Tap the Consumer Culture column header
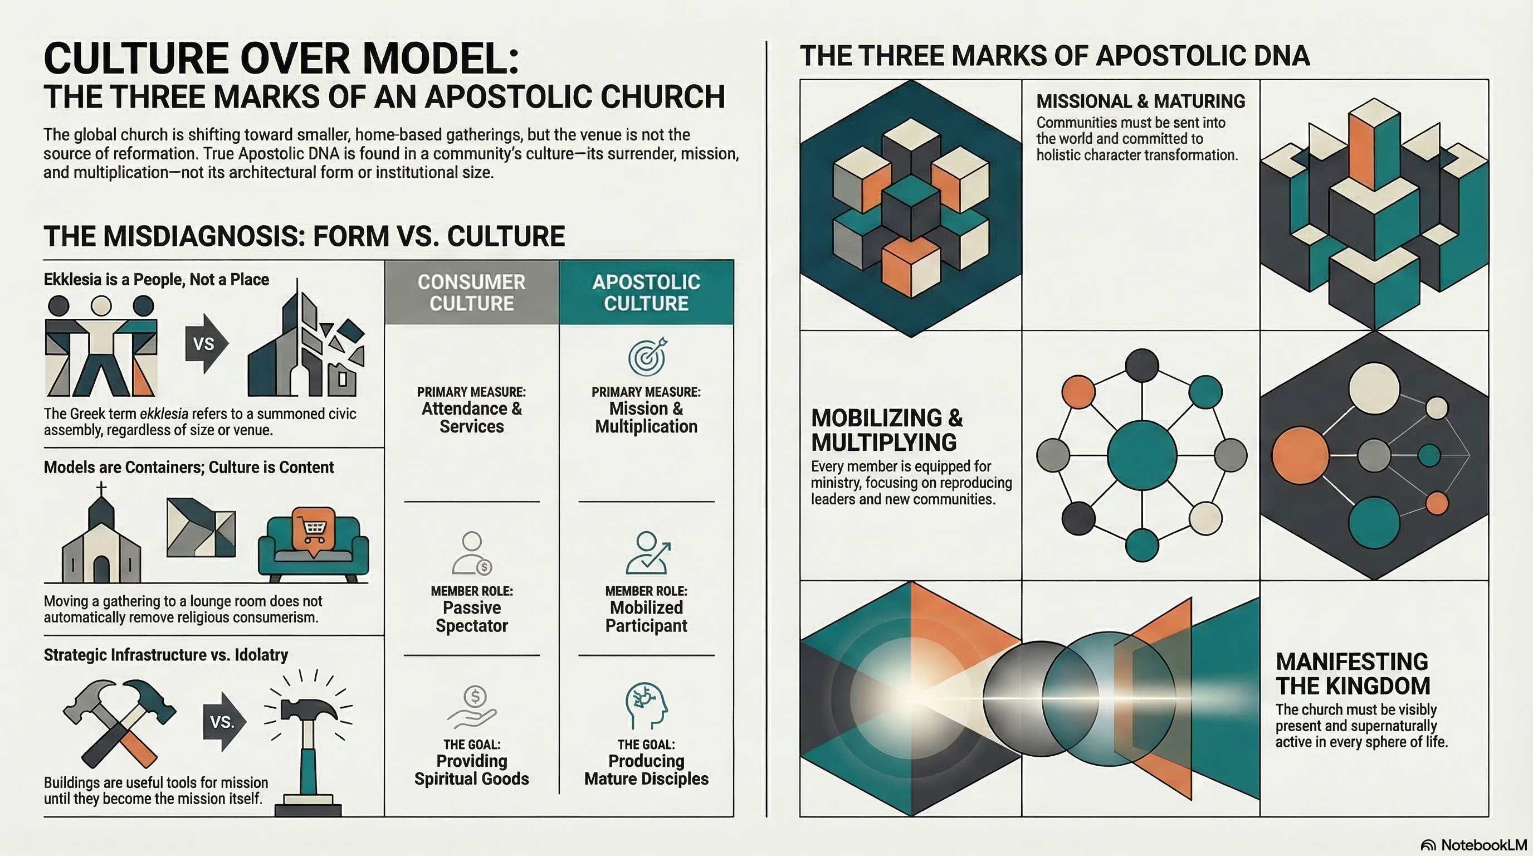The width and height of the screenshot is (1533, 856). (x=471, y=292)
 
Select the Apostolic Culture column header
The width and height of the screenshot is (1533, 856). (x=646, y=292)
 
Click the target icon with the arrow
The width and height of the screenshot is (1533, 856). (x=647, y=357)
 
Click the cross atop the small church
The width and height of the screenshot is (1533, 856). (x=102, y=489)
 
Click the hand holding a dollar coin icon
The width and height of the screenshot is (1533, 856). (x=472, y=707)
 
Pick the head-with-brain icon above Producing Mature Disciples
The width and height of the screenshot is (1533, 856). (x=646, y=706)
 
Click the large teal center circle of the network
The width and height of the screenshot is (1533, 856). (x=1141, y=455)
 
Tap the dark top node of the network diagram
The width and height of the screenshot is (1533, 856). (x=1142, y=366)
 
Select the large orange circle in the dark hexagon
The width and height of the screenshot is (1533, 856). (x=1300, y=455)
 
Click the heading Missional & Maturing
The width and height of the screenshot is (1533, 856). (x=1140, y=101)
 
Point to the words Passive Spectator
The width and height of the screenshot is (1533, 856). (x=471, y=617)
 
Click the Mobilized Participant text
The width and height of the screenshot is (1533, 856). (x=646, y=617)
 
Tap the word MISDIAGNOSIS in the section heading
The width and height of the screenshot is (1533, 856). (x=174, y=236)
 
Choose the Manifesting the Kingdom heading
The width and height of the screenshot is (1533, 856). (x=1353, y=674)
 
